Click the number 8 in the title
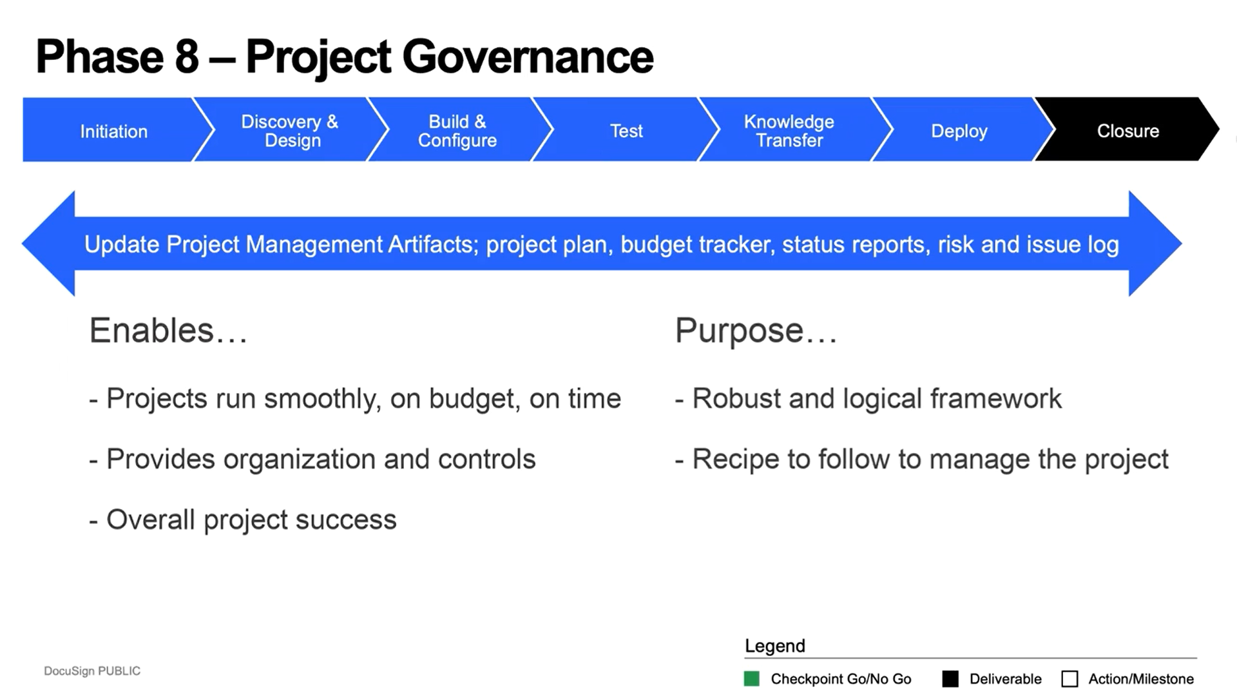coord(187,57)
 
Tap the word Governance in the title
coord(528,57)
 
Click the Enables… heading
coord(168,331)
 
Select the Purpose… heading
coord(756,331)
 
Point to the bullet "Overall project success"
coord(243,519)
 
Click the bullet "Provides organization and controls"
coord(312,459)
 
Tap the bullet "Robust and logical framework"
coord(868,398)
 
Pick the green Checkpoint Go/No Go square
coord(751,679)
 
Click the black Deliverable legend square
coord(950,679)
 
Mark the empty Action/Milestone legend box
coord(1069,679)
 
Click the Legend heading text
coord(775,646)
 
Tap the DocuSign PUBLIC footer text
coord(92,671)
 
